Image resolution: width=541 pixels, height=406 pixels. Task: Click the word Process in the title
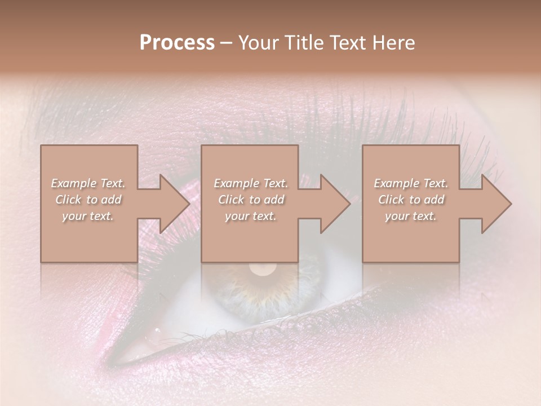tap(177, 42)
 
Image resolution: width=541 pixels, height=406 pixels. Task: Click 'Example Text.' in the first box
tap(88, 183)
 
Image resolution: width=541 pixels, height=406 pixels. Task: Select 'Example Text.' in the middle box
tap(250, 183)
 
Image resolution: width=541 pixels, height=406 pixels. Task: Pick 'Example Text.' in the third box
tap(411, 183)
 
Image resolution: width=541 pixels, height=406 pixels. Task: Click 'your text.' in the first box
tap(88, 216)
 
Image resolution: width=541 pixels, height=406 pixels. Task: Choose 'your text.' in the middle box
tap(250, 216)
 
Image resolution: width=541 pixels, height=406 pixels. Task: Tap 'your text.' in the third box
tap(411, 216)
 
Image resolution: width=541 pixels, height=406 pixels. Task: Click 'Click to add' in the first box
tap(88, 200)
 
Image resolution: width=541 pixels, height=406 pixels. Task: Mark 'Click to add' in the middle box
tap(250, 200)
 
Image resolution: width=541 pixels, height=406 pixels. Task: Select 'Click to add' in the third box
tap(411, 200)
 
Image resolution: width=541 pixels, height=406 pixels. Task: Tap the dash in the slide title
tap(226, 43)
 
